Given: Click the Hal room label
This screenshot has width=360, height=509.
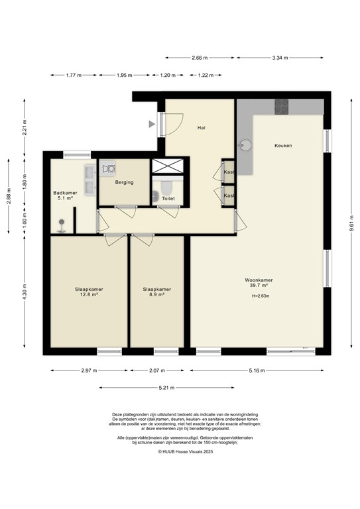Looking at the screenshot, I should pos(200,127).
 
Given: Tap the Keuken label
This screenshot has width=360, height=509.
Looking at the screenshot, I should pos(283,145).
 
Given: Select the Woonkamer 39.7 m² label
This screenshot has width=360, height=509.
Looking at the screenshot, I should pos(258,283).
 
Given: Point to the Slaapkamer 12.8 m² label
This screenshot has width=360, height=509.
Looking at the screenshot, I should pos(88,292).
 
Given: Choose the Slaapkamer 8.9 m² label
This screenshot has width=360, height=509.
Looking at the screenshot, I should pos(157,292).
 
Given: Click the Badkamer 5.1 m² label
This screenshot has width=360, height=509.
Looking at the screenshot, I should pos(64,196).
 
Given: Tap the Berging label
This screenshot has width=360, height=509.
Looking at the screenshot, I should pos(124,182).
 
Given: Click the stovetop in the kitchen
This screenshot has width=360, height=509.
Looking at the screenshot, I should pos(282,106).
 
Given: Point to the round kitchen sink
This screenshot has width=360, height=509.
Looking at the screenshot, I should pos(245,145).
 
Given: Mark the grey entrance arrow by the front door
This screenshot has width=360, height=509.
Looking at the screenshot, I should pos(152,123).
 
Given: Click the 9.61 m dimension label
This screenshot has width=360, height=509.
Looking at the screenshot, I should pos(349,223).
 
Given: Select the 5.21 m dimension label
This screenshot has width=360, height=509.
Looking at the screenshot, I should pos(168,387).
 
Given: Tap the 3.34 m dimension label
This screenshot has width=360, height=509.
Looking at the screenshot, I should pos(280,58).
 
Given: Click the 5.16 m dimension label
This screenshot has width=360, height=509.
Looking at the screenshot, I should pos(257,370).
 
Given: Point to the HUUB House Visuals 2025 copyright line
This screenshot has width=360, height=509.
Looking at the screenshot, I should pos(186,451).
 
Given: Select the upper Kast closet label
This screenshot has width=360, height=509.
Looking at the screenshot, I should pos(229,172).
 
